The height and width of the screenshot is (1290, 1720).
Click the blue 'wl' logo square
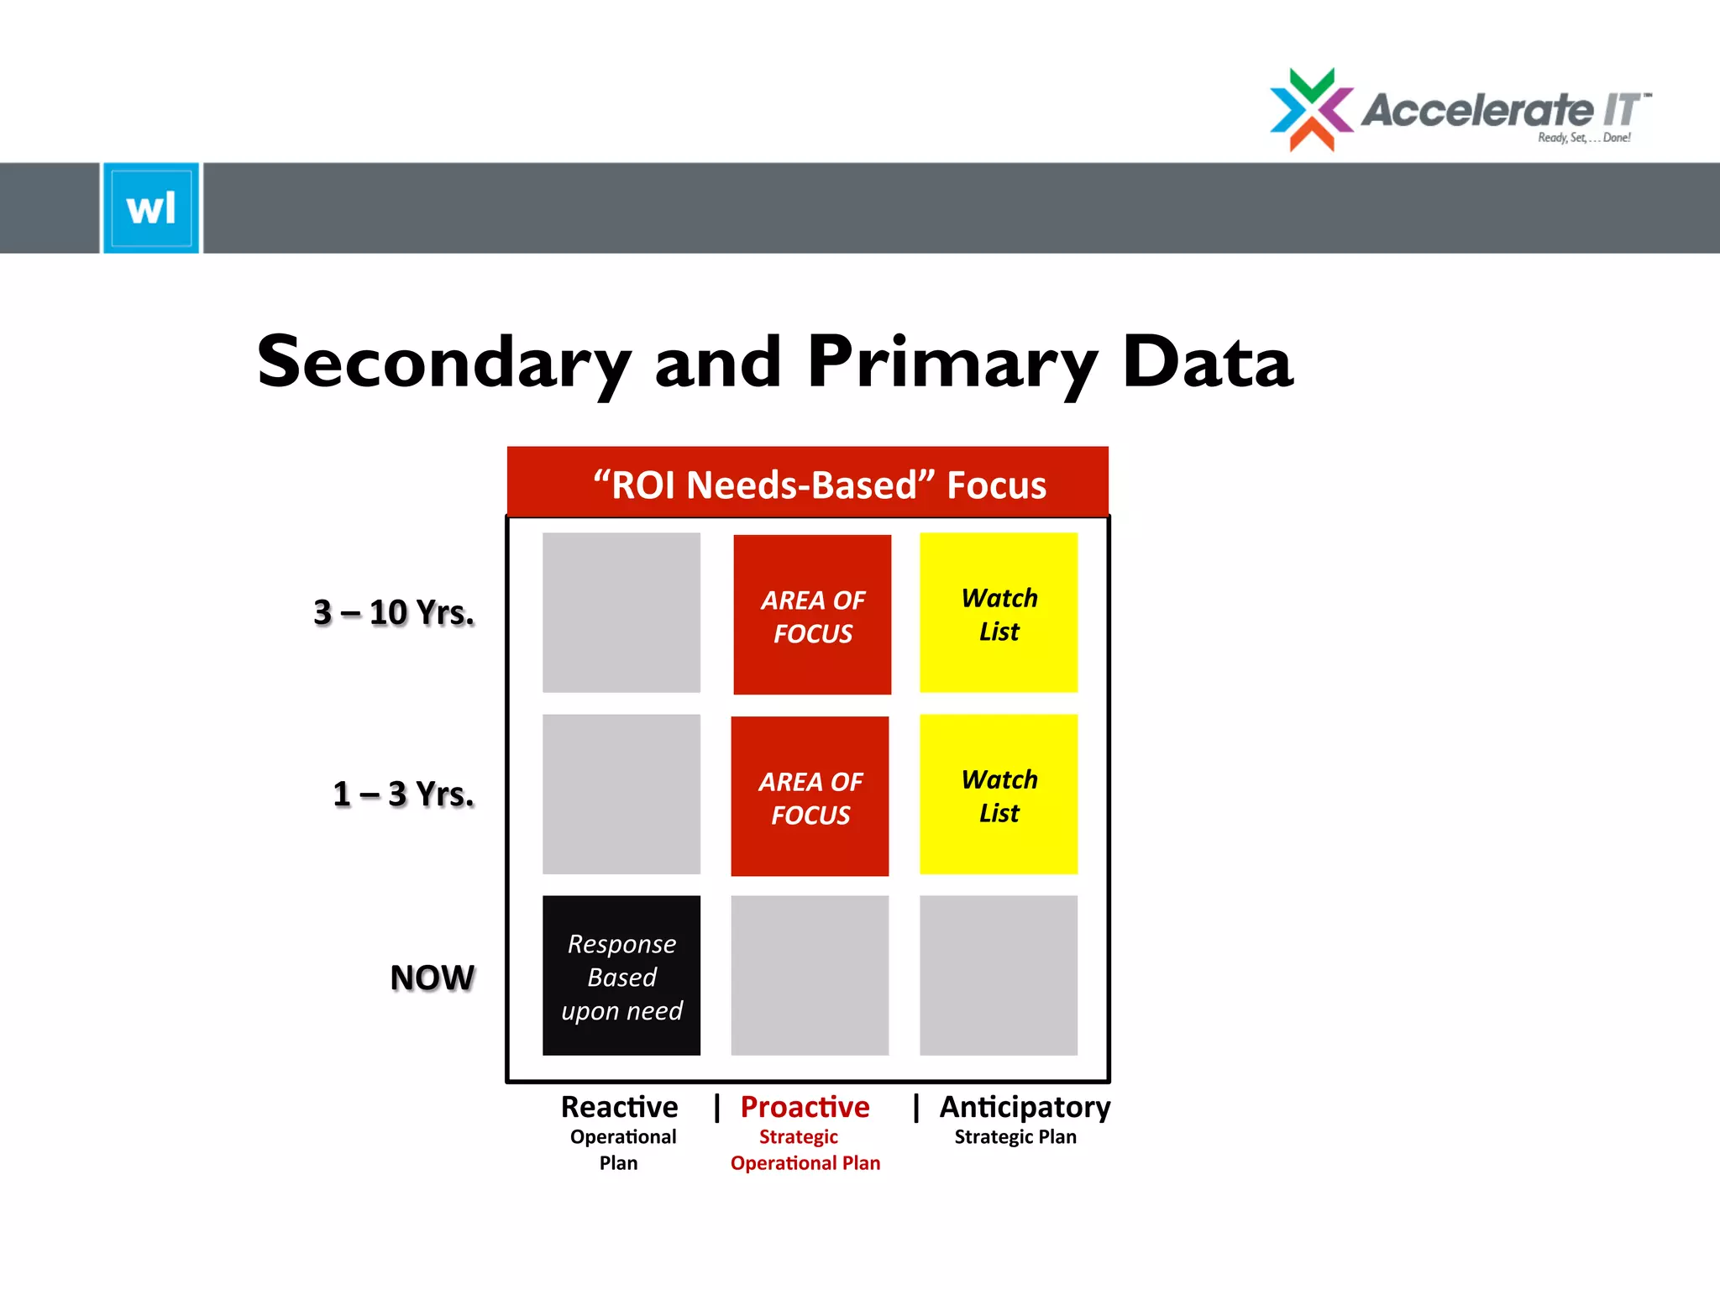click(151, 207)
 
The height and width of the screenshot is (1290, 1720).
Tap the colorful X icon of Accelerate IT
click(1311, 110)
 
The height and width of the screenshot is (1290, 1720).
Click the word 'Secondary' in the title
click(443, 363)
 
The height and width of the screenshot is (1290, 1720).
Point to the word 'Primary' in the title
click(952, 363)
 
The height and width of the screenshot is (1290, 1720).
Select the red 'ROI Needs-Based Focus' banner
click(807, 483)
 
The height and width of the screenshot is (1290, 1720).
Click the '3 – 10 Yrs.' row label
click(393, 612)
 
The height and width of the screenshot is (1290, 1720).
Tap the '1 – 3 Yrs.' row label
click(403, 794)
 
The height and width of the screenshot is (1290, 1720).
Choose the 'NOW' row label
click(432, 977)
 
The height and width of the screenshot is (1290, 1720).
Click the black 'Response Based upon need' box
click(621, 975)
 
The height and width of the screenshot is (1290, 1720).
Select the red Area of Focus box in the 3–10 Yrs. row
click(812, 615)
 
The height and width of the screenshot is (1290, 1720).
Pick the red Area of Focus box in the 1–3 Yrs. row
click(810, 796)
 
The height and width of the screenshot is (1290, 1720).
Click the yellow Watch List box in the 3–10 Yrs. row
click(999, 613)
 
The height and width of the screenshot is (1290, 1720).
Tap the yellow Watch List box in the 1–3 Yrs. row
click(999, 794)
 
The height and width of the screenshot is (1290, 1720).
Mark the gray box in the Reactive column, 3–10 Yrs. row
click(621, 613)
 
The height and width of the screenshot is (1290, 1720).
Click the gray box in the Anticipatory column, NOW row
click(999, 975)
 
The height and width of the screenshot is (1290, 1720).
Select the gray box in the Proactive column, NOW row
click(810, 975)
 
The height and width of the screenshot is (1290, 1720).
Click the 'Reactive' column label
click(620, 1107)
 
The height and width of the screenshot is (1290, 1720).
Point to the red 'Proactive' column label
click(805, 1107)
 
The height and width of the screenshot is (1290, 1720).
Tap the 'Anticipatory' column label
click(1025, 1107)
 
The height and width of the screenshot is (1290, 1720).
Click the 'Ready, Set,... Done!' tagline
click(1584, 138)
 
